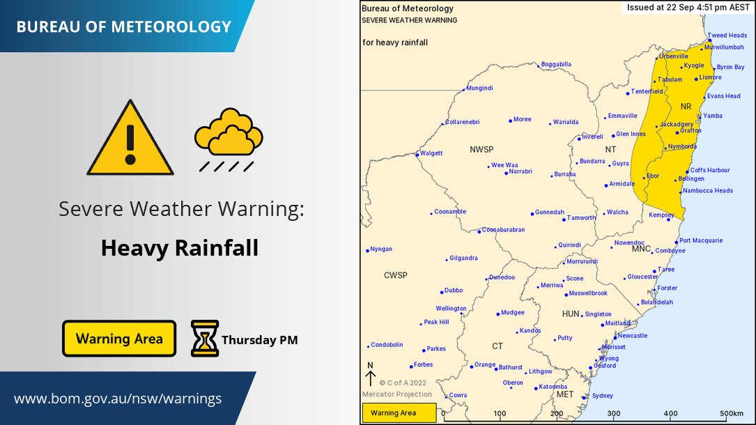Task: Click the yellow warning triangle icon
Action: (x=130, y=139)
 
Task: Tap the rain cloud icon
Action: (x=229, y=139)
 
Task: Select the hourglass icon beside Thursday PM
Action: (x=205, y=339)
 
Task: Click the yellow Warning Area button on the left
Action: (x=119, y=339)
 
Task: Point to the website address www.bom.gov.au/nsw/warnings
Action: (x=118, y=399)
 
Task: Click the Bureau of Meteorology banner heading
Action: (x=123, y=27)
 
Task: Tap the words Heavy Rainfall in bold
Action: (x=180, y=247)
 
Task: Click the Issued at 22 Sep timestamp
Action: (x=686, y=7)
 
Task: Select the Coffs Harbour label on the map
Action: (x=710, y=170)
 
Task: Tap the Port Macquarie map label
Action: (x=701, y=240)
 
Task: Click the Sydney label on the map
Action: (x=602, y=396)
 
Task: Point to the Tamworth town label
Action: (x=582, y=218)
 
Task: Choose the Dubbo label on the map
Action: (x=453, y=291)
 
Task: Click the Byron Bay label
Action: (x=730, y=67)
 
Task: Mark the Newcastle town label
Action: (x=632, y=335)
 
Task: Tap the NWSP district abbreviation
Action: (x=481, y=150)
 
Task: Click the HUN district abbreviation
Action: (x=571, y=314)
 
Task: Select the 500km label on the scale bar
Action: (x=732, y=413)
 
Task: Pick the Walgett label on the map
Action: (x=431, y=153)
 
